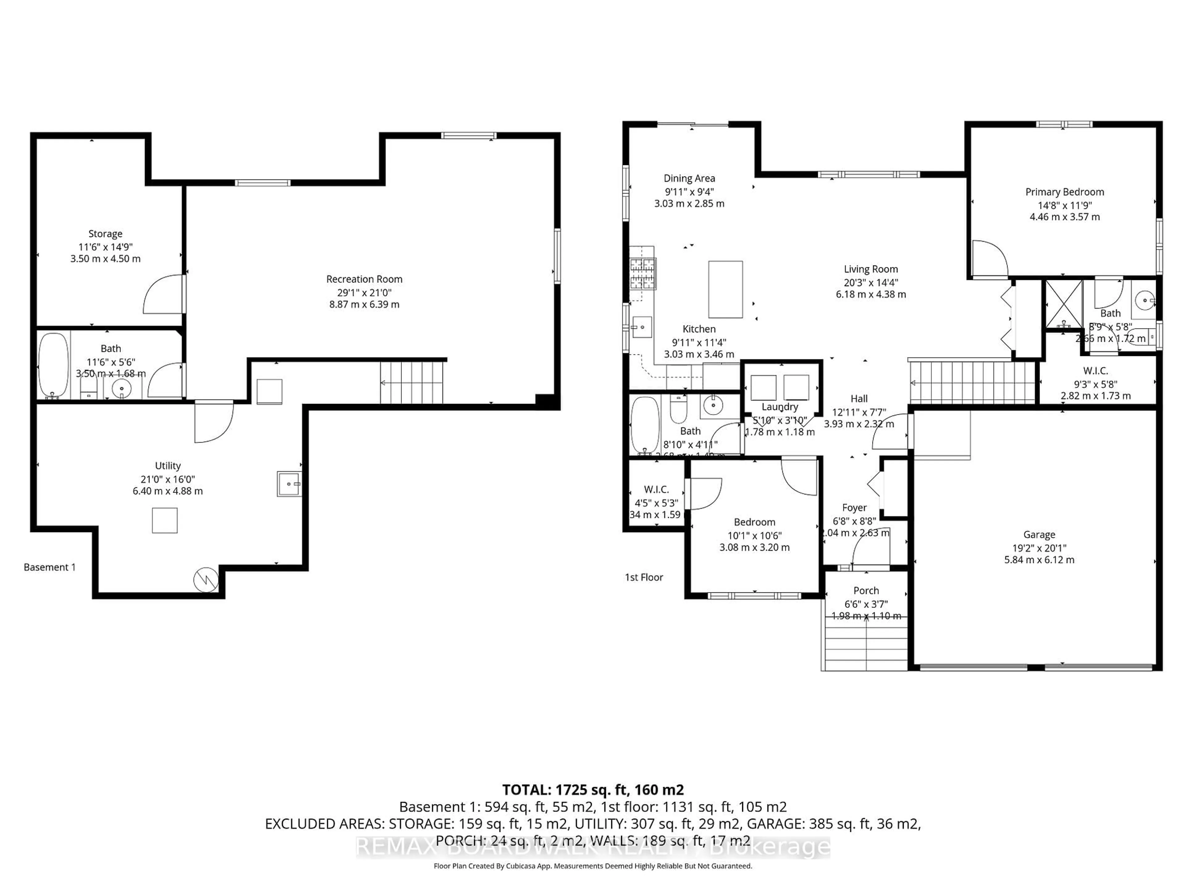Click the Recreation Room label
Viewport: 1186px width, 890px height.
pyautogui.click(x=364, y=279)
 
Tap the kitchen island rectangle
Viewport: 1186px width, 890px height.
pyautogui.click(x=725, y=290)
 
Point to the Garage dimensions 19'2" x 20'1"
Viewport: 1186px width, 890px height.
pyautogui.click(x=1039, y=548)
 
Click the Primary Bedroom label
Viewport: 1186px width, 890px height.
pyautogui.click(x=1064, y=192)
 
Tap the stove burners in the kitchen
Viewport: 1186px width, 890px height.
pyautogui.click(x=643, y=273)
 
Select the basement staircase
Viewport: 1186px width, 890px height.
pyautogui.click(x=412, y=383)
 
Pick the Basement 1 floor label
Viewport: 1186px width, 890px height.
pyautogui.click(x=49, y=567)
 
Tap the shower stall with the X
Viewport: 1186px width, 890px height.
pyautogui.click(x=1064, y=304)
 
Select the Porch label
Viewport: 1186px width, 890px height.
pyautogui.click(x=866, y=590)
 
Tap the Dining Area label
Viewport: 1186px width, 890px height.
pyautogui.click(x=689, y=178)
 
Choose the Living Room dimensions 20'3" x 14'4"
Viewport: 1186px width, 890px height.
pyautogui.click(x=871, y=282)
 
